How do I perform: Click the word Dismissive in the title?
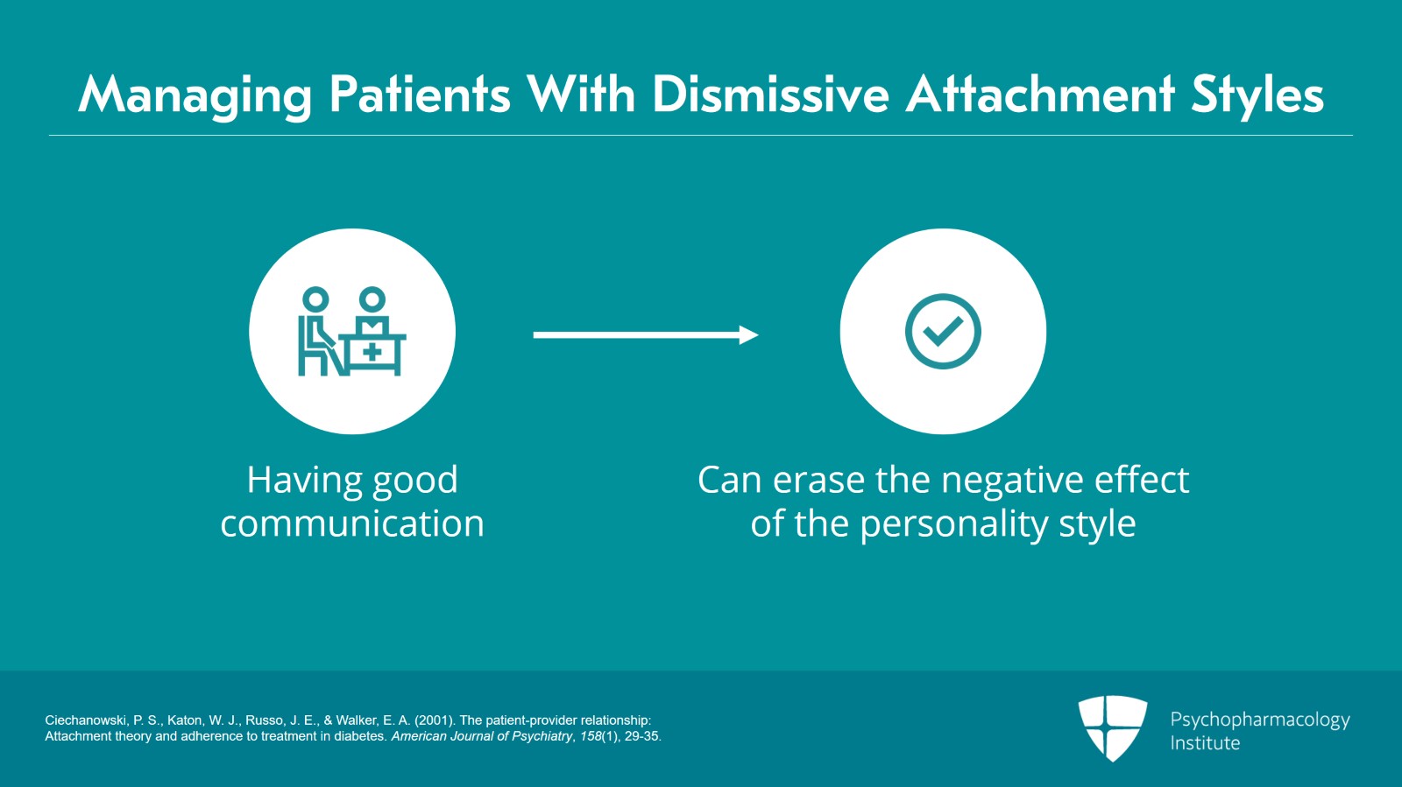coord(770,95)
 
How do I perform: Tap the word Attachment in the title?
coord(1039,95)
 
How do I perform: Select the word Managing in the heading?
coord(195,97)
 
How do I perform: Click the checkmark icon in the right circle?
coord(943,331)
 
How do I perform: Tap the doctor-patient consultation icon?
coord(351,331)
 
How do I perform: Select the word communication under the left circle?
coord(352,523)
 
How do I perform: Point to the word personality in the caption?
coord(953,524)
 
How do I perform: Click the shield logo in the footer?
coord(1112,727)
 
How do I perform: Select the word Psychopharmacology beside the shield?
coord(1260,720)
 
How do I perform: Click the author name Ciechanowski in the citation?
coord(86,720)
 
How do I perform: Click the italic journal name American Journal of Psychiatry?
coord(481,736)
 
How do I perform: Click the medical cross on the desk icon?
coord(372,353)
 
